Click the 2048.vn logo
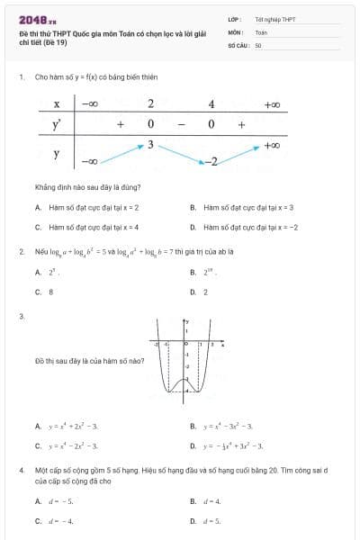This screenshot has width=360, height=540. tap(39, 19)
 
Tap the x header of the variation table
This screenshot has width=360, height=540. tap(56, 104)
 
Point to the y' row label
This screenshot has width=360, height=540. tap(56, 124)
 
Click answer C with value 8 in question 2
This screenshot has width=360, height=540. tap(44, 292)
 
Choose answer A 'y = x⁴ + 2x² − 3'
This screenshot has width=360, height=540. tap(67, 426)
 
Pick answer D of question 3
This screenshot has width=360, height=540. tap(229, 445)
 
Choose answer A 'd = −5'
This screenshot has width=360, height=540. tap(55, 500)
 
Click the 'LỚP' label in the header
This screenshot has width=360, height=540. tap(233, 18)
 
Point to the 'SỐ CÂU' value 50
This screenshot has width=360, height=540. tap(258, 44)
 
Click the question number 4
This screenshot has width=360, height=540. tap(21, 470)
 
